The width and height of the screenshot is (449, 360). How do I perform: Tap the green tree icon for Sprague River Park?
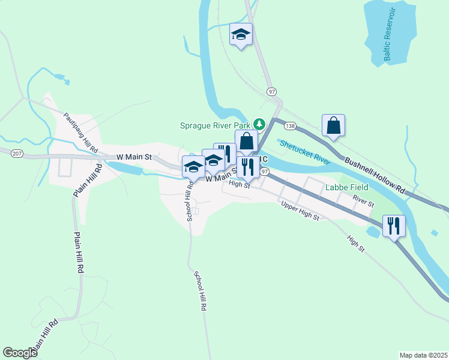click(x=259, y=124)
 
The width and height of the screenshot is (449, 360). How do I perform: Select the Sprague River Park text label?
click(x=215, y=125)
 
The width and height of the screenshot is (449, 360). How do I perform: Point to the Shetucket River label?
click(x=305, y=152)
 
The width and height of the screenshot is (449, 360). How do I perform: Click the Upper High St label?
click(x=301, y=211)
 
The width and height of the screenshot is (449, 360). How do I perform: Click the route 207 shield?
click(x=17, y=154)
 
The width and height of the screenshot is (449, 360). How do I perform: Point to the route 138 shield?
click(x=291, y=126)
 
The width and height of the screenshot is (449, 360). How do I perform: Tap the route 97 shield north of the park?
click(x=272, y=92)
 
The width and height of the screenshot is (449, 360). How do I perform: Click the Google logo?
click(x=20, y=353)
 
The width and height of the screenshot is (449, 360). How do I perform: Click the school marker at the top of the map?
click(x=241, y=35)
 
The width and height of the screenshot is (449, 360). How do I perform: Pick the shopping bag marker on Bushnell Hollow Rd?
click(x=334, y=125)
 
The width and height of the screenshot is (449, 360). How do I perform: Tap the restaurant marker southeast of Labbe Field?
click(x=394, y=226)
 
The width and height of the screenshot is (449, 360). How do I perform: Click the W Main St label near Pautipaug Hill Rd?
click(x=132, y=157)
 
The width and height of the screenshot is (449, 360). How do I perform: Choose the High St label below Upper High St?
click(x=355, y=244)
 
